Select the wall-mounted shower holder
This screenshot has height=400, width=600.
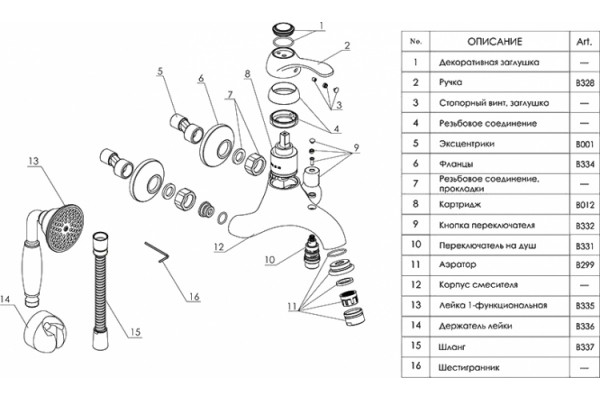point(46,331)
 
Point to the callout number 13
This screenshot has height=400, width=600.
point(33,161)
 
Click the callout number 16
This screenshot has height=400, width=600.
point(194,297)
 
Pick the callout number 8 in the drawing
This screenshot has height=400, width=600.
point(248,73)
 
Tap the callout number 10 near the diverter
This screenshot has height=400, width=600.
point(270,260)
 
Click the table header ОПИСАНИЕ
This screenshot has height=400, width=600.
point(494,41)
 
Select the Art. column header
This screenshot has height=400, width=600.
point(584,41)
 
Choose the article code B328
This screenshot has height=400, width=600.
point(585,83)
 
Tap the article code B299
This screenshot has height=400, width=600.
point(585,264)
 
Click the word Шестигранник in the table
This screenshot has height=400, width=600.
point(469,368)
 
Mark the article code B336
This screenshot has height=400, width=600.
point(585,327)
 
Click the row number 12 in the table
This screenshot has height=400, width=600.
point(416,285)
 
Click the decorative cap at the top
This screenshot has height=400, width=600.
point(284,29)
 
